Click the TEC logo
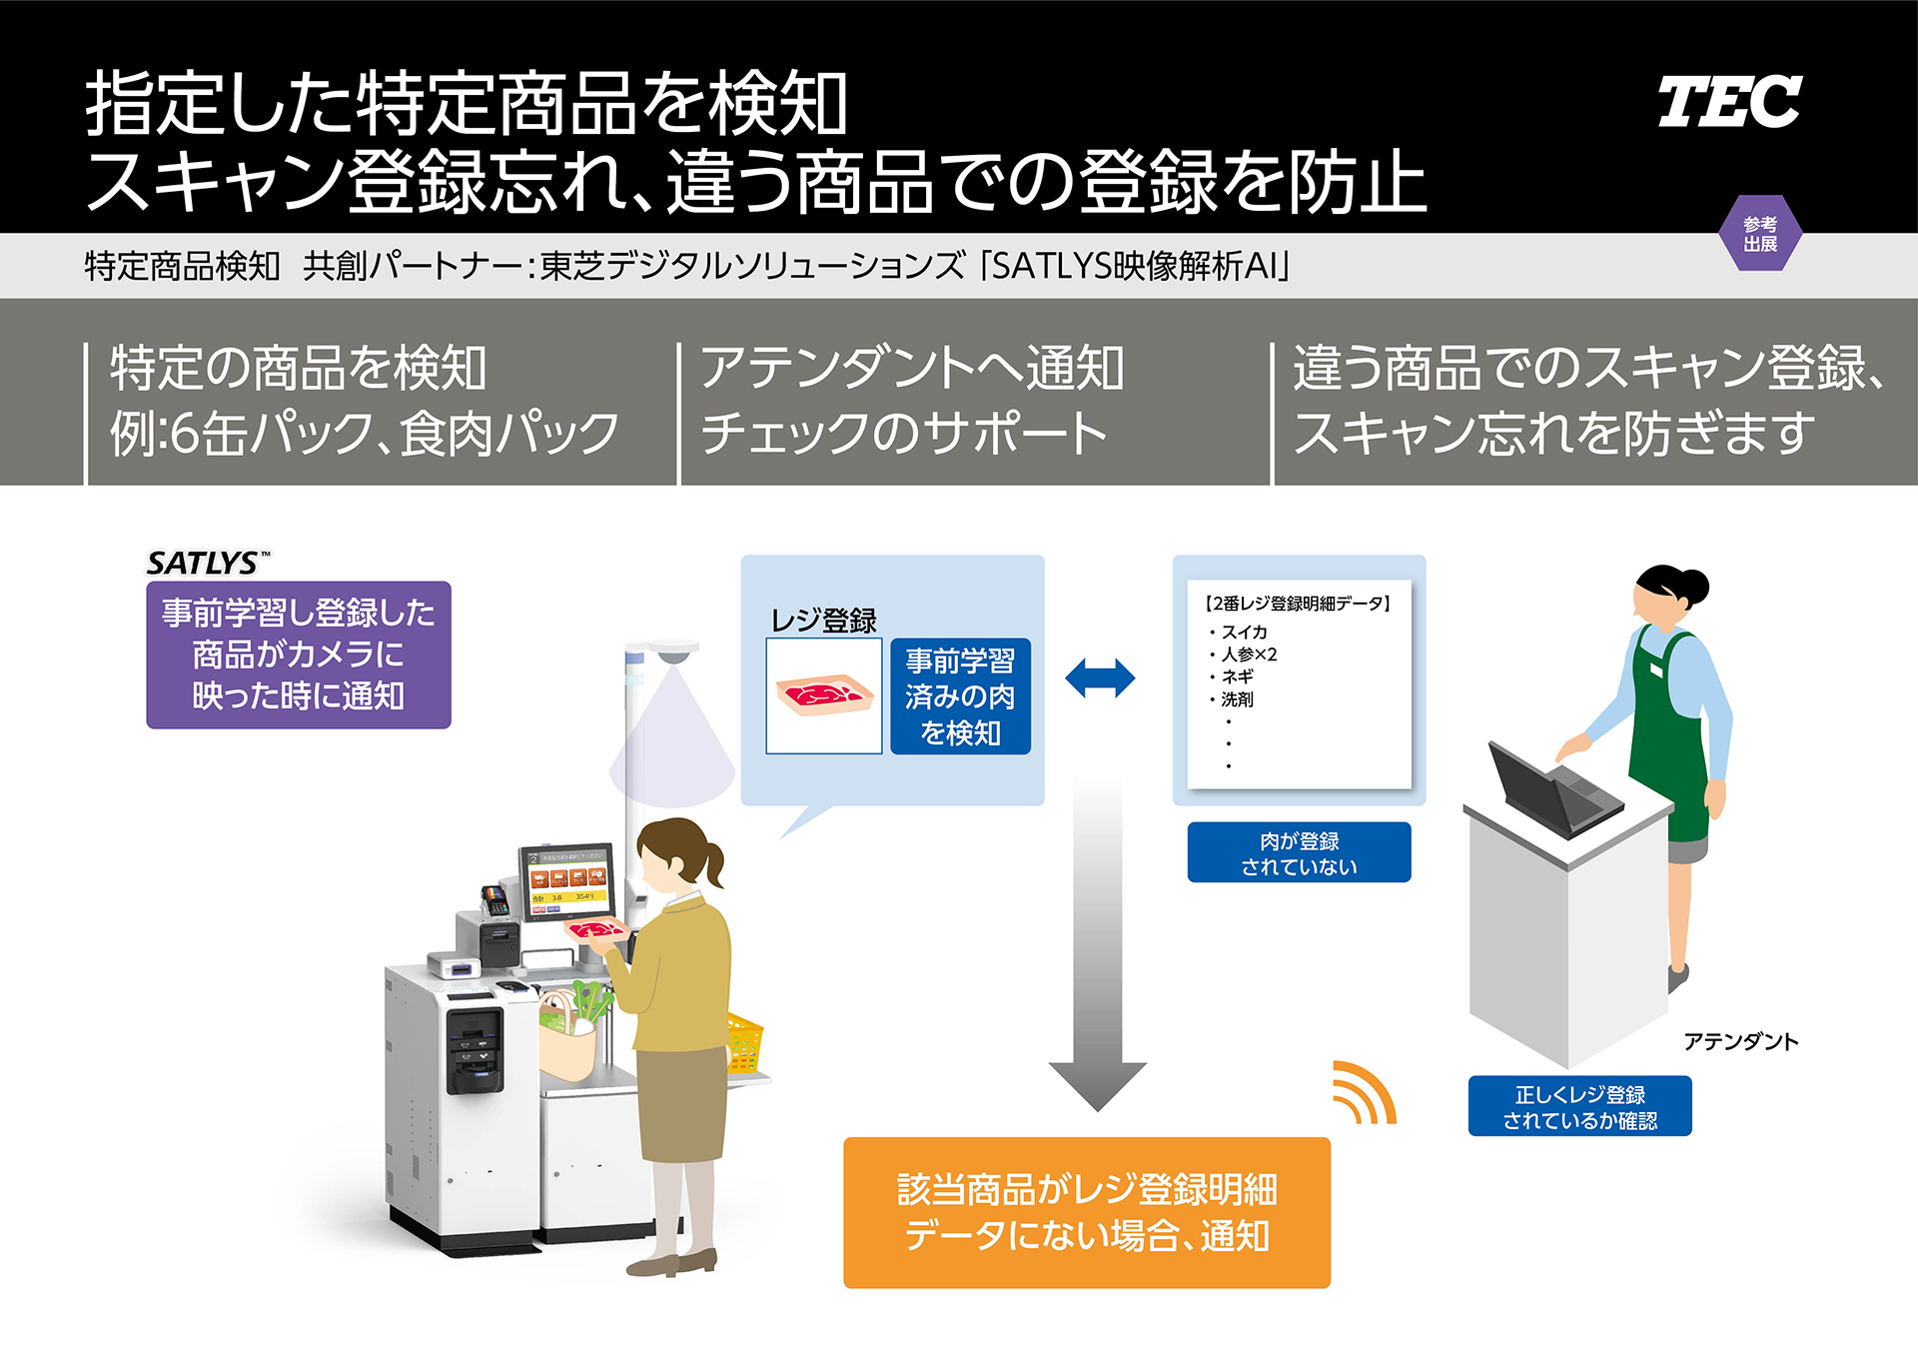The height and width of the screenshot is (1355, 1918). pyautogui.click(x=1729, y=102)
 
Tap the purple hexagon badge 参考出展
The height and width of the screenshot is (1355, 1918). pyautogui.click(x=1760, y=234)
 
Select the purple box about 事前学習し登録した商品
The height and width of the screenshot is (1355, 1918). pyautogui.click(x=298, y=655)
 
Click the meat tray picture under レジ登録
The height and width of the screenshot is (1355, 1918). pyautogui.click(x=823, y=695)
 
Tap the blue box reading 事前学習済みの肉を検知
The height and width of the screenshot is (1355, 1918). pyautogui.click(x=960, y=696)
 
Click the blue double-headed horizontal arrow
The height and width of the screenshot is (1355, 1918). pyautogui.click(x=1100, y=678)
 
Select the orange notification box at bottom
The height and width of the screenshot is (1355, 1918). pyautogui.click(x=1086, y=1212)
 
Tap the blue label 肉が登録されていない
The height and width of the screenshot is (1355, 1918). pyautogui.click(x=1299, y=853)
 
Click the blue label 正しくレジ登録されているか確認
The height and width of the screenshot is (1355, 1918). pyautogui.click(x=1579, y=1107)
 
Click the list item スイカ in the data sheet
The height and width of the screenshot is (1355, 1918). pyautogui.click(x=1244, y=632)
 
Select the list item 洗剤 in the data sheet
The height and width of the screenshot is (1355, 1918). pyautogui.click(x=1237, y=699)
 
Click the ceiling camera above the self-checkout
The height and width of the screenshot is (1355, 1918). pyautogui.click(x=674, y=652)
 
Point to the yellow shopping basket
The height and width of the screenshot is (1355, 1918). pyautogui.click(x=744, y=1044)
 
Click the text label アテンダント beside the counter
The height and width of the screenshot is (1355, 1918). pyautogui.click(x=1740, y=1042)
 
